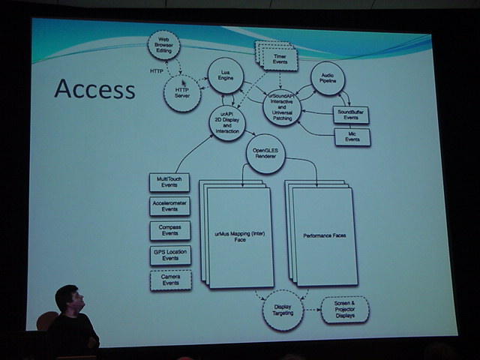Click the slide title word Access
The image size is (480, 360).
(94, 89)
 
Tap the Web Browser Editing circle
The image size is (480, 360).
(163, 46)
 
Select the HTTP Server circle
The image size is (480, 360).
(181, 94)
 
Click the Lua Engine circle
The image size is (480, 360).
(225, 76)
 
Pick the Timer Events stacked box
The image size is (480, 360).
(280, 57)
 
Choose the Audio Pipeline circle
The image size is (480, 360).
(328, 79)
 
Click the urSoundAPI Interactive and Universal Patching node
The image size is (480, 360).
(282, 107)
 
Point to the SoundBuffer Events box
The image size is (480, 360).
(352, 115)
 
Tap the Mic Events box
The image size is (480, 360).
(352, 137)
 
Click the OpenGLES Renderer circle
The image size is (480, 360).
(265, 155)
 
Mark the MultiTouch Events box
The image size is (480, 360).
(169, 182)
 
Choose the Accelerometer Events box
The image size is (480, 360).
(169, 206)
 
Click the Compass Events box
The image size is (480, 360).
(169, 230)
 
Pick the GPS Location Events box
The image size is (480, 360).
(169, 255)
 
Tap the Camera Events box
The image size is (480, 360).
(170, 280)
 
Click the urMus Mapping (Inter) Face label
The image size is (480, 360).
(239, 237)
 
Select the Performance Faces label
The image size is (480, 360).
(325, 235)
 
